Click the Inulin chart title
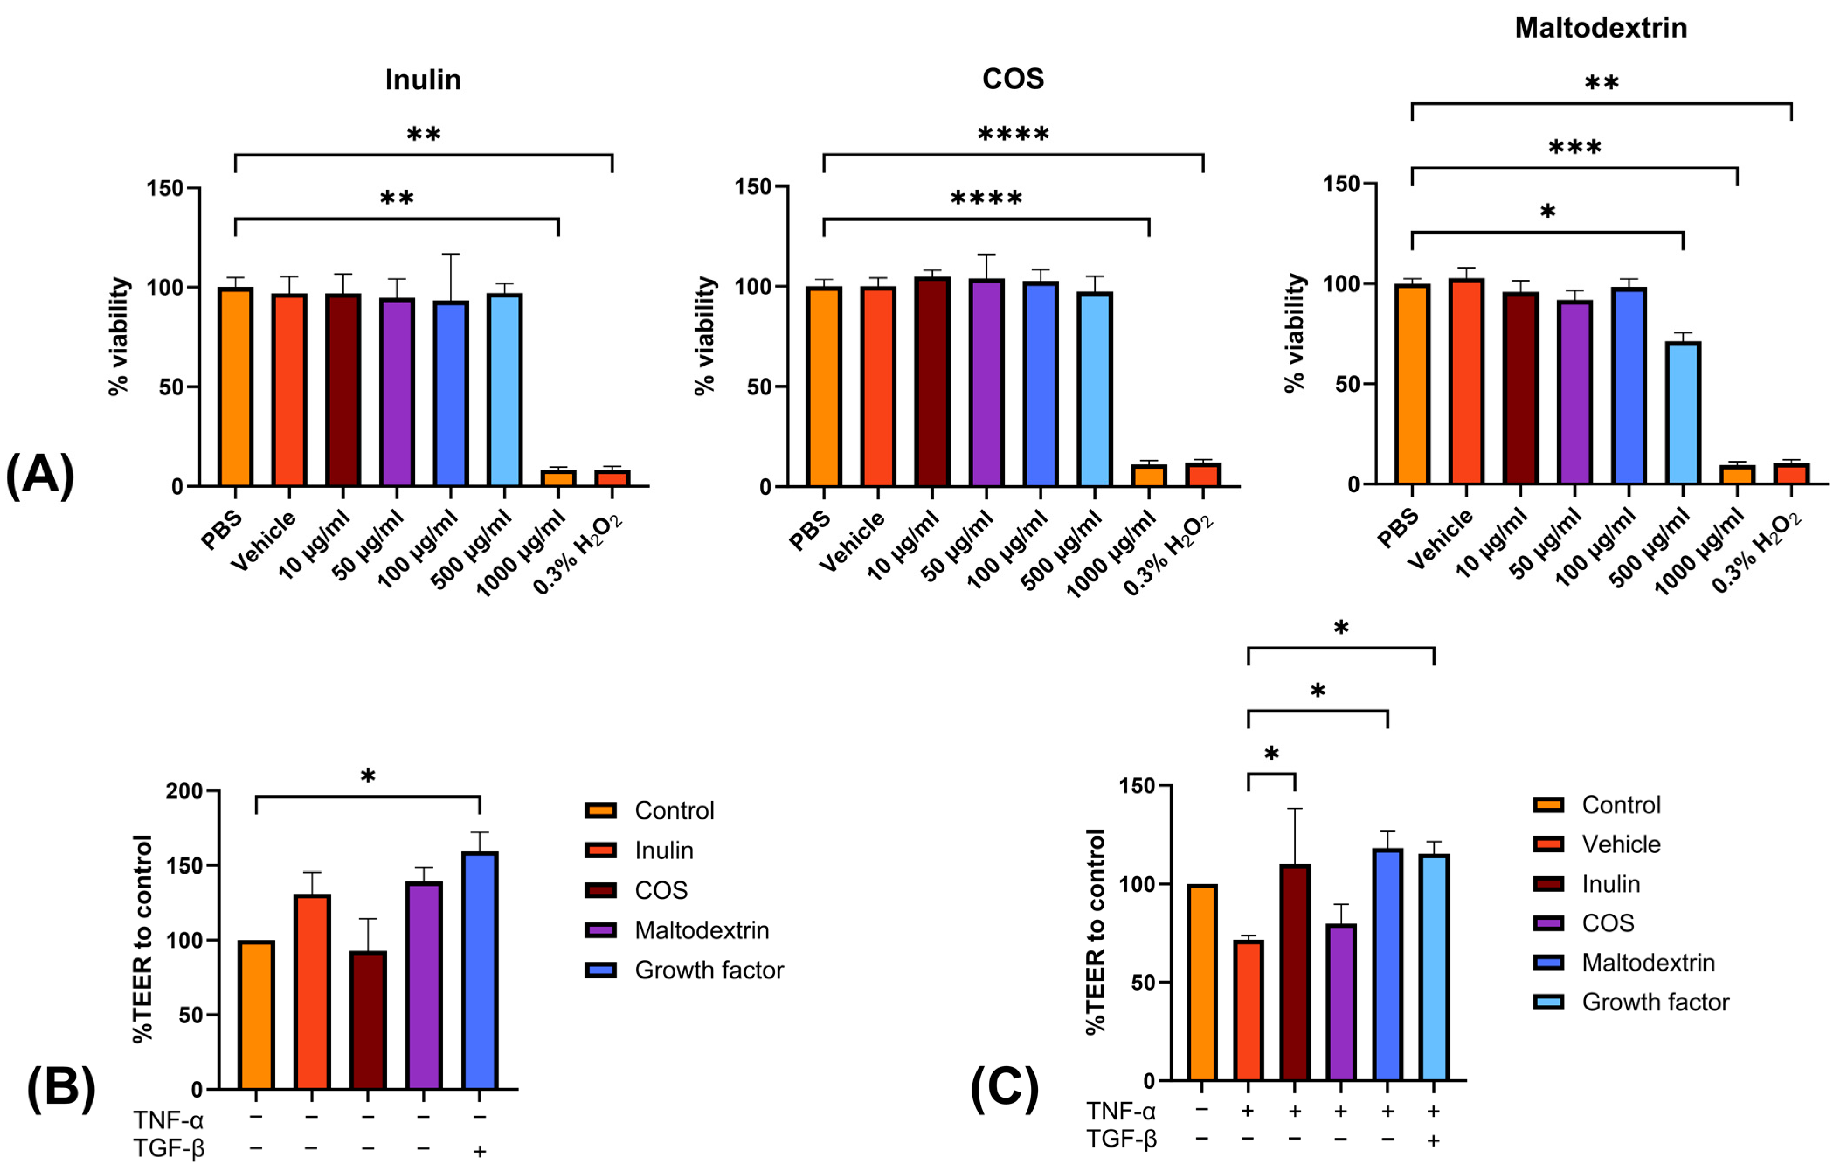[x=422, y=79]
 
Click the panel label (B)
[x=61, y=1088]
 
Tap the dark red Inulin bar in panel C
[x=1294, y=973]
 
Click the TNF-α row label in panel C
[x=1121, y=1111]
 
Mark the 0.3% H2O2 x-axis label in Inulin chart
[x=578, y=554]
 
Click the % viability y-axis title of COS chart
[x=705, y=335]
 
